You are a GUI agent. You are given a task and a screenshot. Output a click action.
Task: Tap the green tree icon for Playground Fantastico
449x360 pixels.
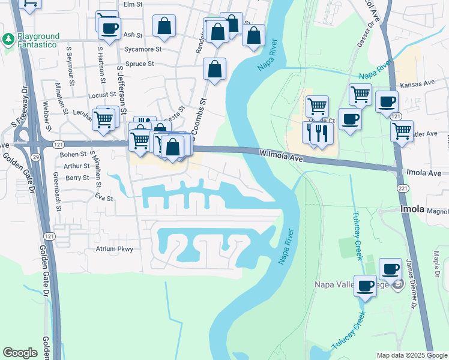(x=8, y=40)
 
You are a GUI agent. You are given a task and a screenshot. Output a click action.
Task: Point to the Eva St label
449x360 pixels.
(x=104, y=197)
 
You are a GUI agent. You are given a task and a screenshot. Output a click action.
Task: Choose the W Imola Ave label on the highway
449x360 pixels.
(x=280, y=156)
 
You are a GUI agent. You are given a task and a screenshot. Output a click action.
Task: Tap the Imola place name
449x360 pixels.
(x=412, y=209)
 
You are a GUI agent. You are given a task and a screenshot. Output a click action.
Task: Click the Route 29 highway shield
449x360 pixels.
(x=19, y=156)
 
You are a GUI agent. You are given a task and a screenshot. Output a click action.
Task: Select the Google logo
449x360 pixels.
(x=20, y=353)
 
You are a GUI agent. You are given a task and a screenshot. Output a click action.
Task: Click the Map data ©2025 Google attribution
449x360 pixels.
(x=411, y=355)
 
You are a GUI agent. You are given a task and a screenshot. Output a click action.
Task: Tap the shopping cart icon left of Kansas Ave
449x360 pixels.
(x=360, y=94)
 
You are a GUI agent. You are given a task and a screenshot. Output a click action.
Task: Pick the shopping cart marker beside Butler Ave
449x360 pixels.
(x=401, y=130)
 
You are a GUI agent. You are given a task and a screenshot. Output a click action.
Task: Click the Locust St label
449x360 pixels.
(x=101, y=95)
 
